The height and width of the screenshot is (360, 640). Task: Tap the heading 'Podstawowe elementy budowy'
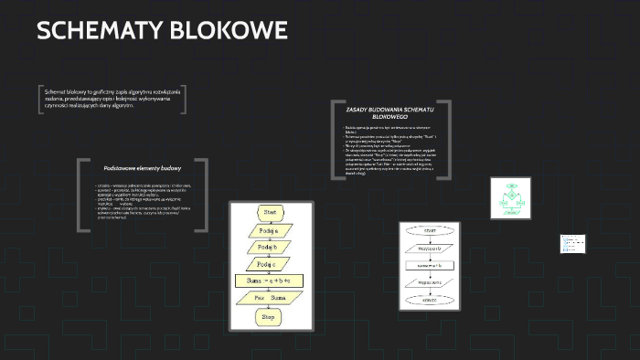(143, 168)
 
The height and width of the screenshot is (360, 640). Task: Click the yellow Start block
(269, 212)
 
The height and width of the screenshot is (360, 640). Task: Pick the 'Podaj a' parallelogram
(268, 230)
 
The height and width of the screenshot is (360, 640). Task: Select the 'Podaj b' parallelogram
(268, 247)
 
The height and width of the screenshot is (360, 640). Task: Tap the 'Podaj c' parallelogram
(268, 263)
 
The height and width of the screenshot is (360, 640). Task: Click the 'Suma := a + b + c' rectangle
(269, 281)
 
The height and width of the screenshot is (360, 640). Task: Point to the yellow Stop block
(269, 317)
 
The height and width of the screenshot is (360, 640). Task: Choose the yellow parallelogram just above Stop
(269, 298)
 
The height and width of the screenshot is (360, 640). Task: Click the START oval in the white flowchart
(431, 231)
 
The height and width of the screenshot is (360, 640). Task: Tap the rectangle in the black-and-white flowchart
(431, 265)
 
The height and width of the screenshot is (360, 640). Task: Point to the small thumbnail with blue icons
(571, 245)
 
